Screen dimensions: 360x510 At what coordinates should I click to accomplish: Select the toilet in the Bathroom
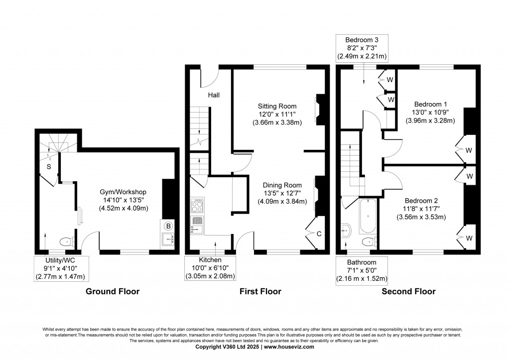coord(368,242)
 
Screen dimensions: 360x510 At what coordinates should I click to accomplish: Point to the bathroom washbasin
coord(347,230)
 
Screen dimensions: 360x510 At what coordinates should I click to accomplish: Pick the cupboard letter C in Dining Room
coord(319,232)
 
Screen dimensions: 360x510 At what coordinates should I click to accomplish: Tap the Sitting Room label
coord(277,106)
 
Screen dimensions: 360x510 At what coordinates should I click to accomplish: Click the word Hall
coord(214,95)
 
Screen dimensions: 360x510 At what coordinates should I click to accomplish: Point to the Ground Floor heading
coord(113,291)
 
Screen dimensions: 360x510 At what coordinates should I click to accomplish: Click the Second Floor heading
coord(408,291)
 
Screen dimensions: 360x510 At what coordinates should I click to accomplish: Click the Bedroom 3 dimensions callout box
coord(362,48)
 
